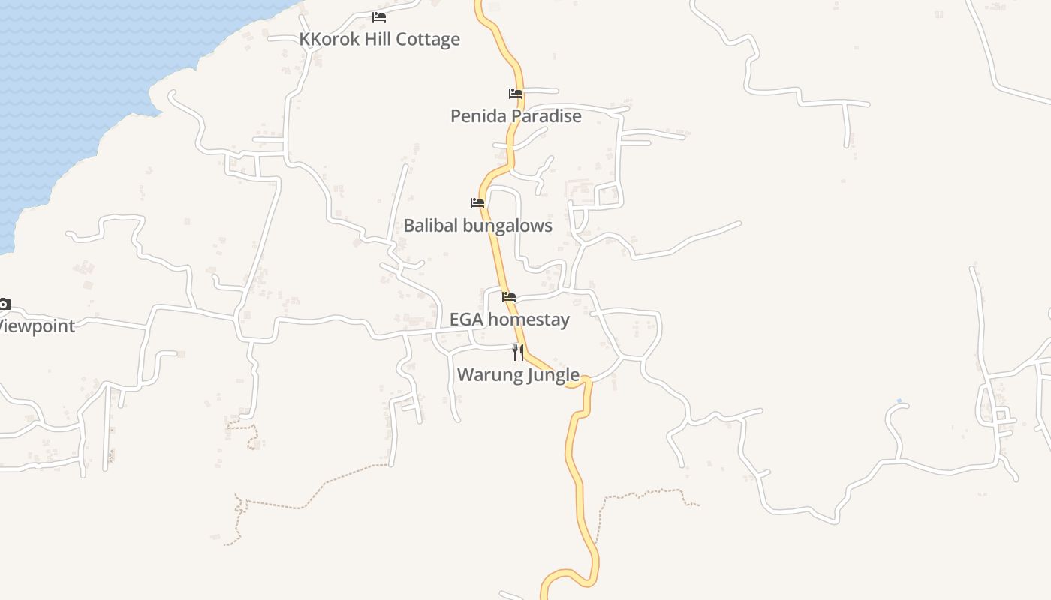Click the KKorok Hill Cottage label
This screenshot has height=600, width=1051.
(380, 39)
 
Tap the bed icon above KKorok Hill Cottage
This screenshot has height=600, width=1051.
(379, 16)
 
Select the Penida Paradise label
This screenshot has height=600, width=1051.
(516, 116)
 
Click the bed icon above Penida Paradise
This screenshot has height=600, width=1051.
(516, 94)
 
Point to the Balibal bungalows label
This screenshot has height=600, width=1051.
(477, 226)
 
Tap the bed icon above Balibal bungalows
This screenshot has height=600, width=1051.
(477, 202)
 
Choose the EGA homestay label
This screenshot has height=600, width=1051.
(509, 319)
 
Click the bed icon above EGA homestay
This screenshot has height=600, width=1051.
(509, 297)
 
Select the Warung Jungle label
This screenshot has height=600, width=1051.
(518, 374)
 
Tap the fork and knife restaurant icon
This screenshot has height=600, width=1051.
(518, 352)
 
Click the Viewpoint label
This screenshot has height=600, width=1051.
(36, 326)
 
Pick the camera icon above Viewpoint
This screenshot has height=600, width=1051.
(4, 304)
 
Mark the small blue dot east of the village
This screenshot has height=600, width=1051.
(899, 400)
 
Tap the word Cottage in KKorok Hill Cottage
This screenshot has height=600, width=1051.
(429, 39)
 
